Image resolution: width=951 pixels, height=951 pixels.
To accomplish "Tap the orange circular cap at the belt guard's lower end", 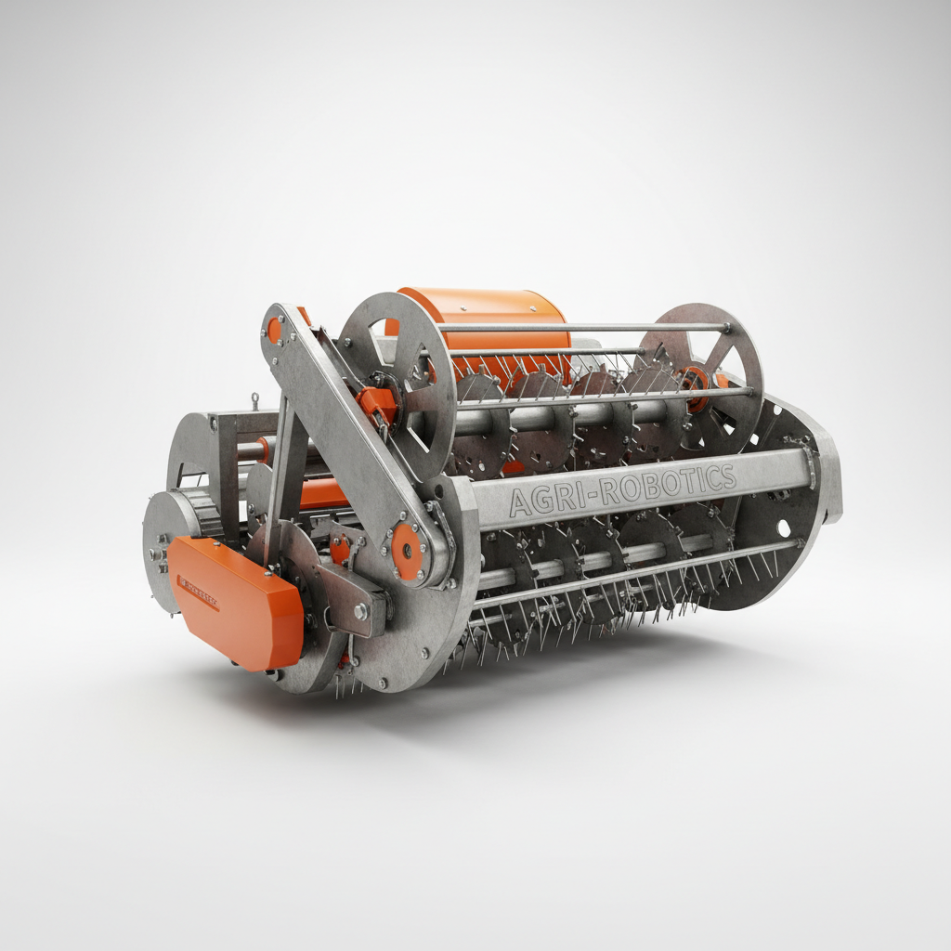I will click(x=406, y=550).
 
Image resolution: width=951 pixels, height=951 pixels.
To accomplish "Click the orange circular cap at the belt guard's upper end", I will click(x=275, y=328).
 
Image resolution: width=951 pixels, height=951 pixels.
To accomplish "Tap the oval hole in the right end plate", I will click(x=783, y=528).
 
